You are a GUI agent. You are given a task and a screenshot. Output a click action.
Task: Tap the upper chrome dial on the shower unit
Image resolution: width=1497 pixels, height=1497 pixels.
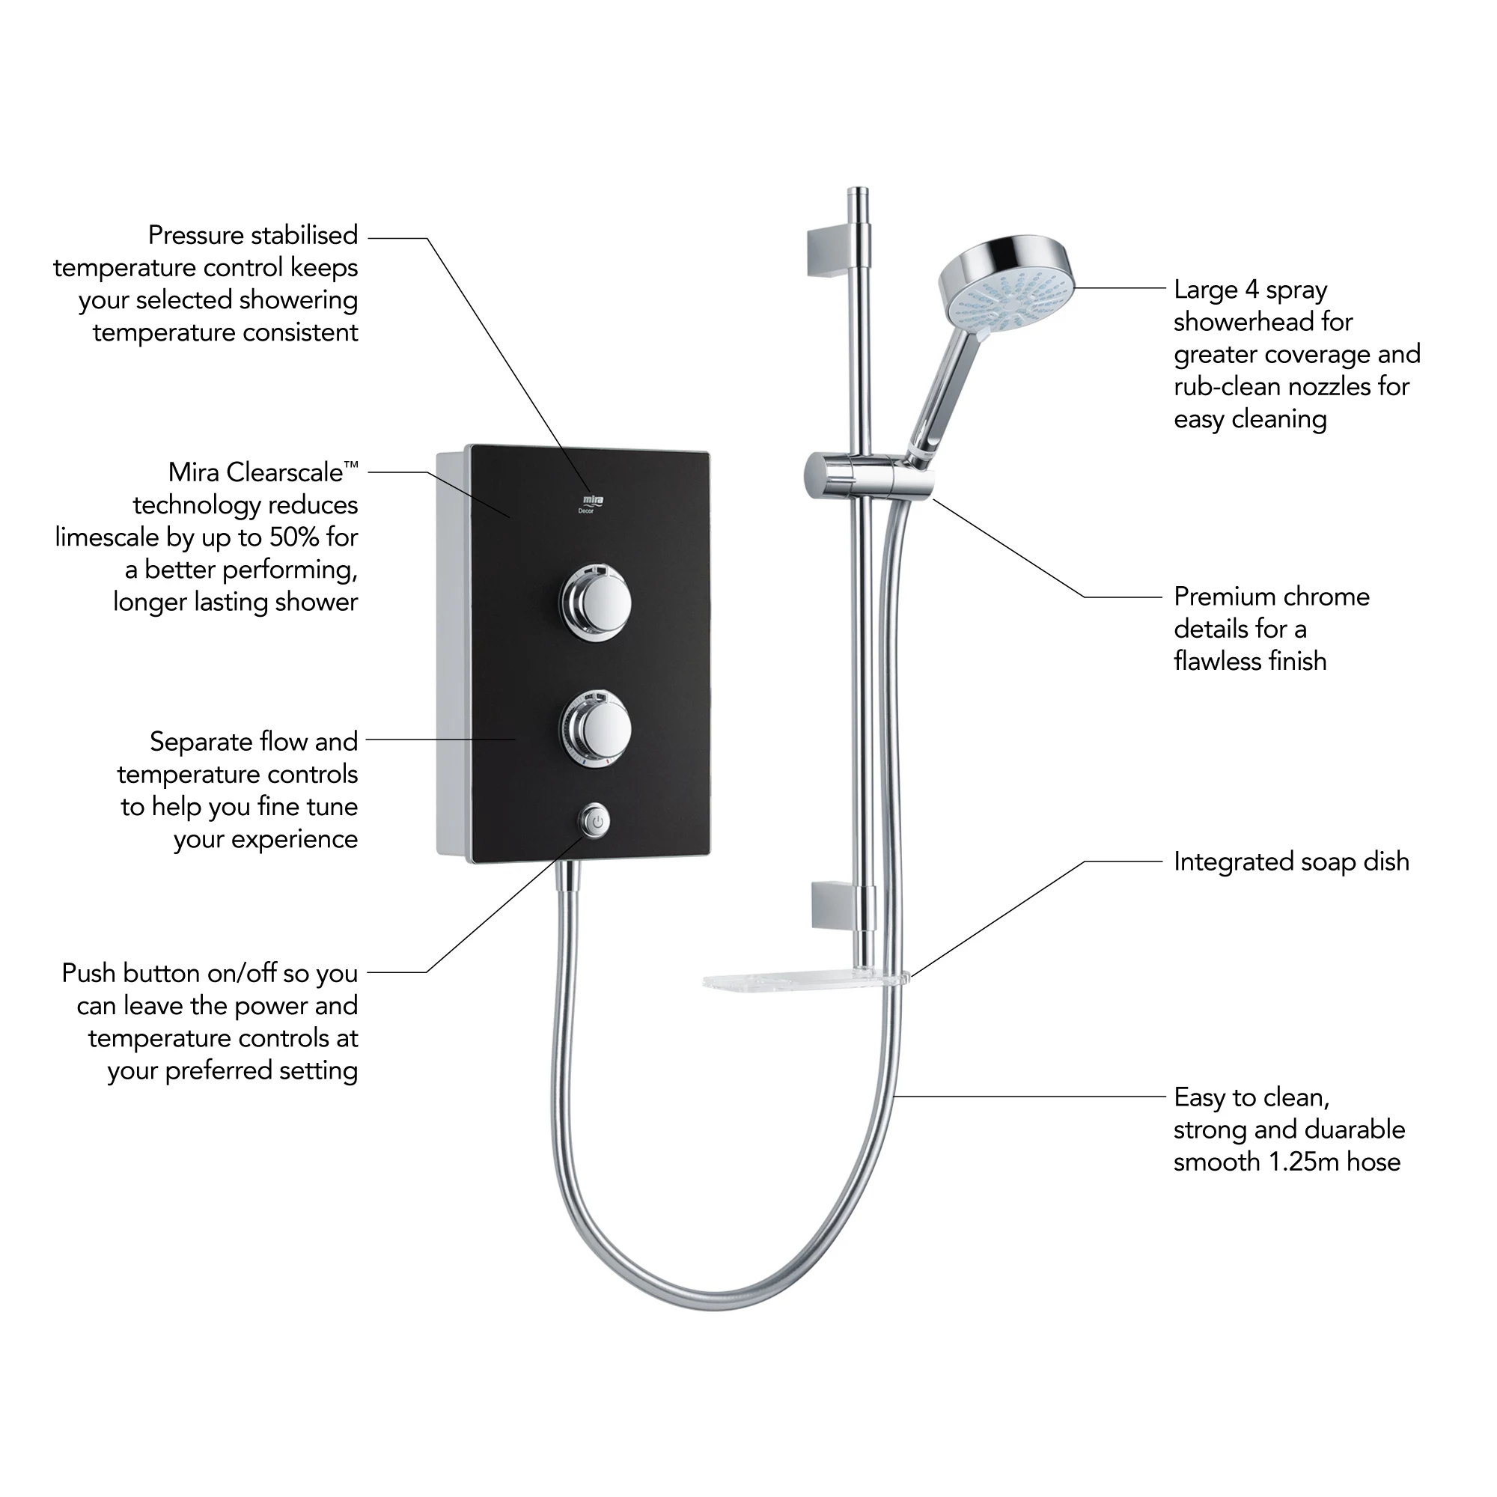pyautogui.click(x=595, y=603)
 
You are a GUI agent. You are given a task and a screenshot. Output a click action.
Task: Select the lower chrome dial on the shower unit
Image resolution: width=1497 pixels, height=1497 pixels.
pyautogui.click(x=595, y=729)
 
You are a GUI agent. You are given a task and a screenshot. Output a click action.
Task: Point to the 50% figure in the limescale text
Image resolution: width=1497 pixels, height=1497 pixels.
pyautogui.click(x=293, y=537)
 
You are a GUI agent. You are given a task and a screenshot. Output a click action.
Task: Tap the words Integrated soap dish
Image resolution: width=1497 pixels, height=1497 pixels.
pyautogui.click(x=1291, y=862)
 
